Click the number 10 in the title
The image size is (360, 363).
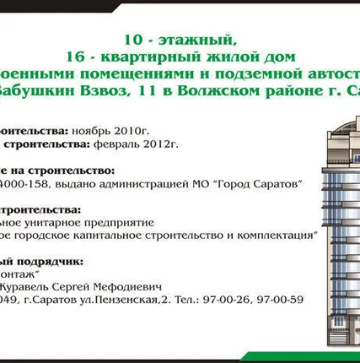coord(131,40)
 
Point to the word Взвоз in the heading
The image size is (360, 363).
coord(99,91)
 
